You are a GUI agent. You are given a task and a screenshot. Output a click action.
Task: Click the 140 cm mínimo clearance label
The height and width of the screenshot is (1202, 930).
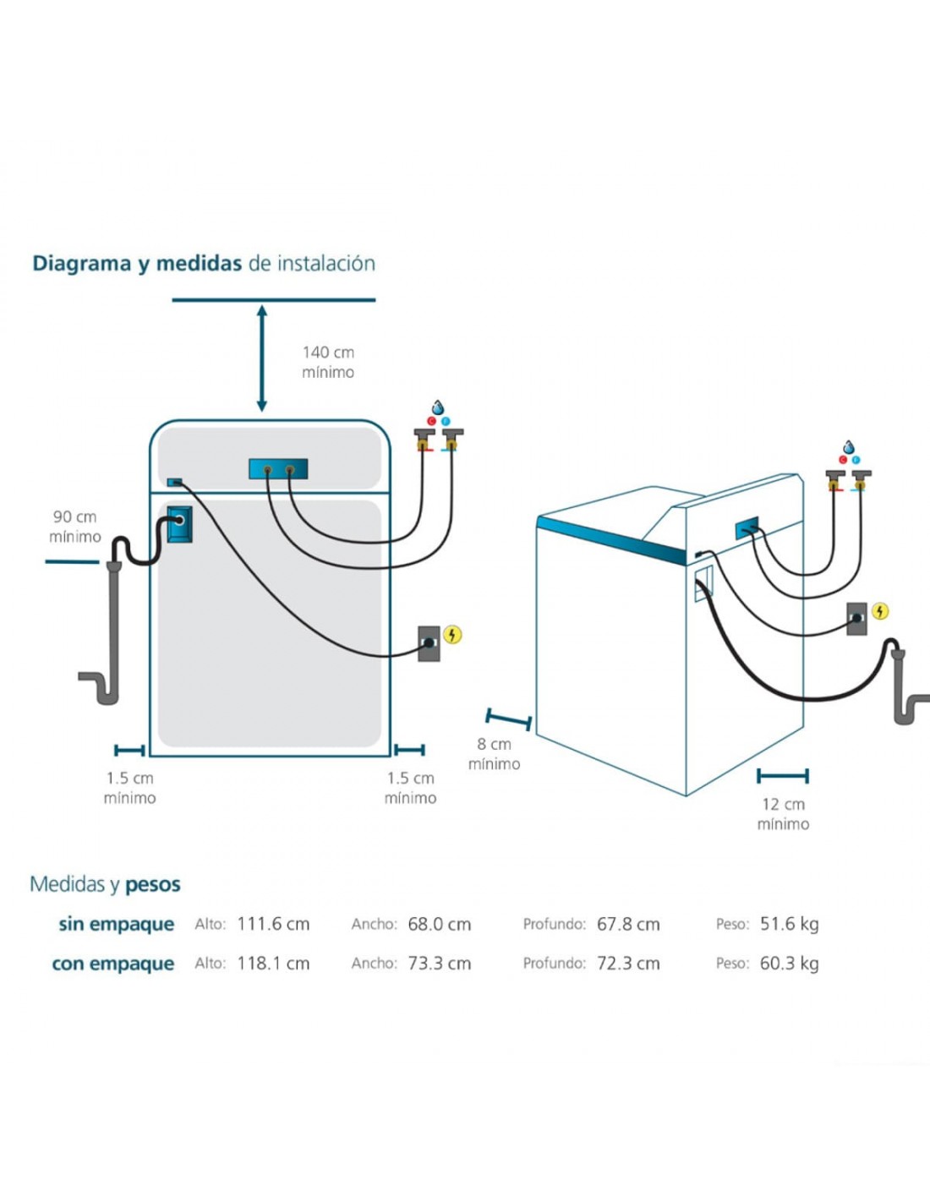(328, 362)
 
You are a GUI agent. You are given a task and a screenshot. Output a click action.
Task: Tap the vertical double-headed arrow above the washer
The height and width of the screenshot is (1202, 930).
(262, 358)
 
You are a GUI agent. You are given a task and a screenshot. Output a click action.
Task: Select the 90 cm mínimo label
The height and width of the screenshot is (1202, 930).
(74, 526)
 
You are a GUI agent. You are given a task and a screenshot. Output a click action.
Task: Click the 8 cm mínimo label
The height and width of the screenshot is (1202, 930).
(495, 753)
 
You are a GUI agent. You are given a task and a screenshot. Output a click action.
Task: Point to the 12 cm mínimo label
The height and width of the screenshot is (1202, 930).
(783, 813)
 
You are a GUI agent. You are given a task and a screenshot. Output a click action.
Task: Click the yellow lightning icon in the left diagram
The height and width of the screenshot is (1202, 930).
(452, 634)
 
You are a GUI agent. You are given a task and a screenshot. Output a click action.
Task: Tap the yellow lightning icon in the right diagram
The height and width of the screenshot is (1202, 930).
(880, 610)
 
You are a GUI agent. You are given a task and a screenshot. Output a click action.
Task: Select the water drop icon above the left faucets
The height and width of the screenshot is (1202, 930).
(438, 408)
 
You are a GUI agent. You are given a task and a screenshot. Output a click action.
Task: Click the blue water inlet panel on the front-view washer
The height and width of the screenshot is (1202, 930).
(278, 468)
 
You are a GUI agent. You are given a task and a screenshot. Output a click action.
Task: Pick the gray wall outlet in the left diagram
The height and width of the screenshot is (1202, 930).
(429, 642)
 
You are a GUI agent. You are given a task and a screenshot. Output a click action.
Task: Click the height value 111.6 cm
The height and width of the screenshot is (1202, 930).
(273, 924)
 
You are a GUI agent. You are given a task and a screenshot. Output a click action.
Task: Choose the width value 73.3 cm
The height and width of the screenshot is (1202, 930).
(439, 963)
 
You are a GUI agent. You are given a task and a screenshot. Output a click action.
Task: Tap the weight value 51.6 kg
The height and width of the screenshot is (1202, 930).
(789, 924)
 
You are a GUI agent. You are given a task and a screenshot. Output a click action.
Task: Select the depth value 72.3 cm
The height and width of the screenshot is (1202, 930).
(628, 963)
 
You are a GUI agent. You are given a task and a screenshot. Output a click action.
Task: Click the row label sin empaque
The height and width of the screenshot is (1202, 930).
(116, 924)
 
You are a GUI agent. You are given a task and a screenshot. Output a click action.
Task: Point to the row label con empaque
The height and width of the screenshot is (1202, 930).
(113, 964)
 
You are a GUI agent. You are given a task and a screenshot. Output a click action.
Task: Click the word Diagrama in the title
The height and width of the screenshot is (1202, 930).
(81, 264)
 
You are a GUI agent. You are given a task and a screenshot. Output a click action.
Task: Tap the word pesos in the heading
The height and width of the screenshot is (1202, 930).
(153, 885)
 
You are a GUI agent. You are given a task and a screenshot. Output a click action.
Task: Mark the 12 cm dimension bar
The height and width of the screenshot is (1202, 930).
(783, 776)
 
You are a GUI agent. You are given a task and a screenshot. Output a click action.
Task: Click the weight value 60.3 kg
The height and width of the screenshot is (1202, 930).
(789, 963)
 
